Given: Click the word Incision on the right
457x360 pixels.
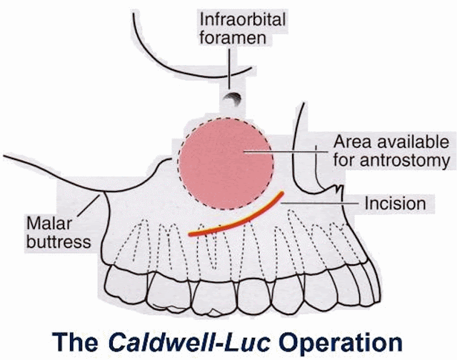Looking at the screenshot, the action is click(395, 204).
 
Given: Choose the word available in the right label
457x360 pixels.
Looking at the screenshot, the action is click(407, 140).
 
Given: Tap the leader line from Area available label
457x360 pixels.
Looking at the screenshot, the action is click(286, 151).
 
